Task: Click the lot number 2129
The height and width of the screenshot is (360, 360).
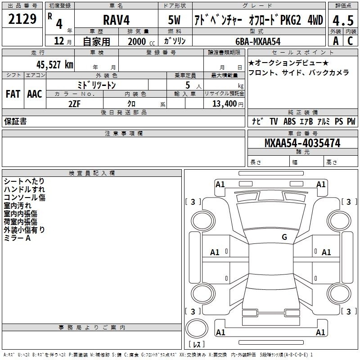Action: (22, 19)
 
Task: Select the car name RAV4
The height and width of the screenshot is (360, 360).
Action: (117, 20)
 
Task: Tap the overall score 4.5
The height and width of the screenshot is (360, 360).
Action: (343, 20)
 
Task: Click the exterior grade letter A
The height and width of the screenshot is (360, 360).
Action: (336, 41)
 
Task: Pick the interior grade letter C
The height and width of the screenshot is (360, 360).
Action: (350, 41)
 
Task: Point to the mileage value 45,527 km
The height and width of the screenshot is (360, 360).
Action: (55, 65)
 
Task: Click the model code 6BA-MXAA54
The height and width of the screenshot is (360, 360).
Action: (258, 41)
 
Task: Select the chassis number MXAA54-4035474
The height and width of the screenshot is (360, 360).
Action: (302, 143)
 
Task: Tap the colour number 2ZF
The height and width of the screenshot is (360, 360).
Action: (75, 104)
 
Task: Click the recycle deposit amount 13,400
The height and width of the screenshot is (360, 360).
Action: (224, 104)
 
